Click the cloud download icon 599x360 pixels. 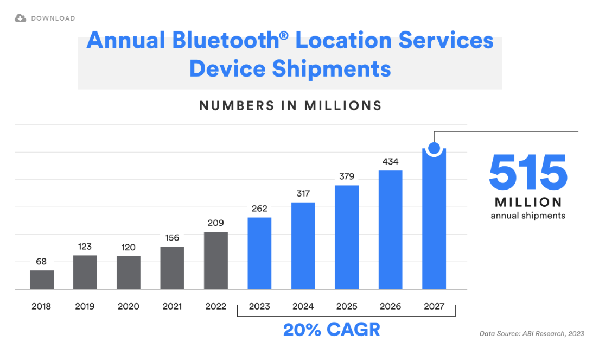[x=20, y=18]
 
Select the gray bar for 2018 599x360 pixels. [x=42, y=280]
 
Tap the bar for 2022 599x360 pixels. [x=216, y=260]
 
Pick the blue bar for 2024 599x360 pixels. [x=303, y=246]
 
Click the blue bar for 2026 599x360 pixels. [x=391, y=230]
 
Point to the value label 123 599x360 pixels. [x=85, y=247]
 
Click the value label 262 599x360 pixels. [x=259, y=209]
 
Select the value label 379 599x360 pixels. [x=347, y=176]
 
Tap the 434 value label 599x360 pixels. [x=391, y=161]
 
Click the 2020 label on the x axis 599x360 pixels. [x=129, y=306]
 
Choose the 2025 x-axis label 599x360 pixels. [x=347, y=306]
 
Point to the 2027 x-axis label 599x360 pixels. [x=434, y=306]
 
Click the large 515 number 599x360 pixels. [x=528, y=172]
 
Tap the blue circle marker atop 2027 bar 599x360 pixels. [x=434, y=148]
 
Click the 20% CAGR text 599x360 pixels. [x=332, y=330]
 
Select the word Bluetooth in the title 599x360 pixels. [x=226, y=40]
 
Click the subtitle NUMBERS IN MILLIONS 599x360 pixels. [x=290, y=106]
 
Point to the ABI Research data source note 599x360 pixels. [x=532, y=333]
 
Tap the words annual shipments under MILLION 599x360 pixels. [x=528, y=216]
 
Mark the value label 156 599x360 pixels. [x=172, y=238]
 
